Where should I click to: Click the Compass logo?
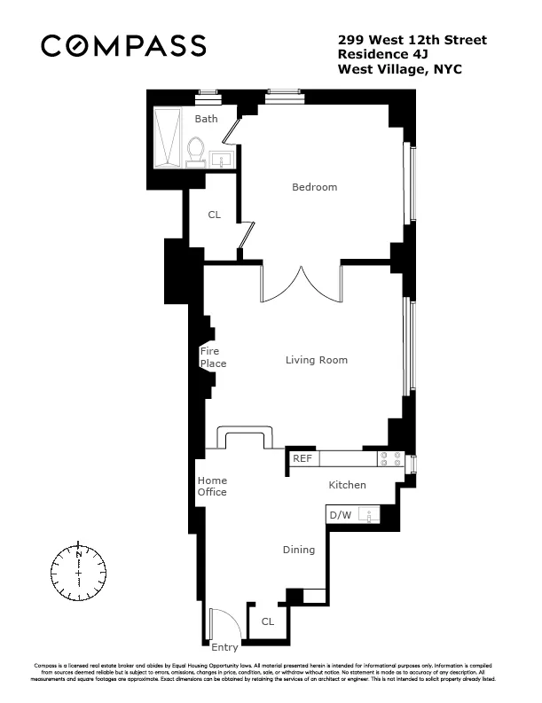[124, 45]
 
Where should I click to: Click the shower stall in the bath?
[168, 137]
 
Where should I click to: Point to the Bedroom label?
[315, 187]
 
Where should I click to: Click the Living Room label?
[316, 360]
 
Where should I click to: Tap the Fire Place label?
[213, 358]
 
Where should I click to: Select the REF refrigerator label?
[302, 459]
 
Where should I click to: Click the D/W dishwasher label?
[340, 515]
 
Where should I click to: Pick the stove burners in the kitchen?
[390, 459]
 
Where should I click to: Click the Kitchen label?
[347, 485]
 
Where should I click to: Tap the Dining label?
[299, 550]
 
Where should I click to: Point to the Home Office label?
[212, 487]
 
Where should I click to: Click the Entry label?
[224, 648]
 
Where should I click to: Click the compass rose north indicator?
[79, 554]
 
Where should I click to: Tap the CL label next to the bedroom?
[214, 215]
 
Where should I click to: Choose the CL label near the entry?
[267, 621]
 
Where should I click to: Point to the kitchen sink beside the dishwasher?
[371, 515]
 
